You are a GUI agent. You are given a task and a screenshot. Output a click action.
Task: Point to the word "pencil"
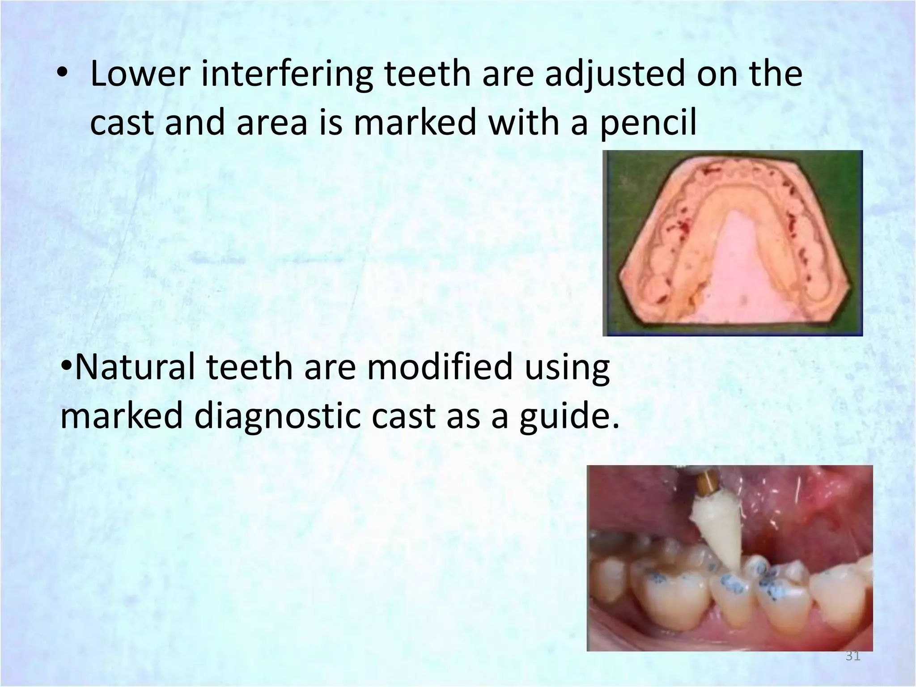[648, 123]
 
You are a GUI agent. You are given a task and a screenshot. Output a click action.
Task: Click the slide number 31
[852, 657]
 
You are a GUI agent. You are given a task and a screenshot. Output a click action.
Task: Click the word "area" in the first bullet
[271, 123]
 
